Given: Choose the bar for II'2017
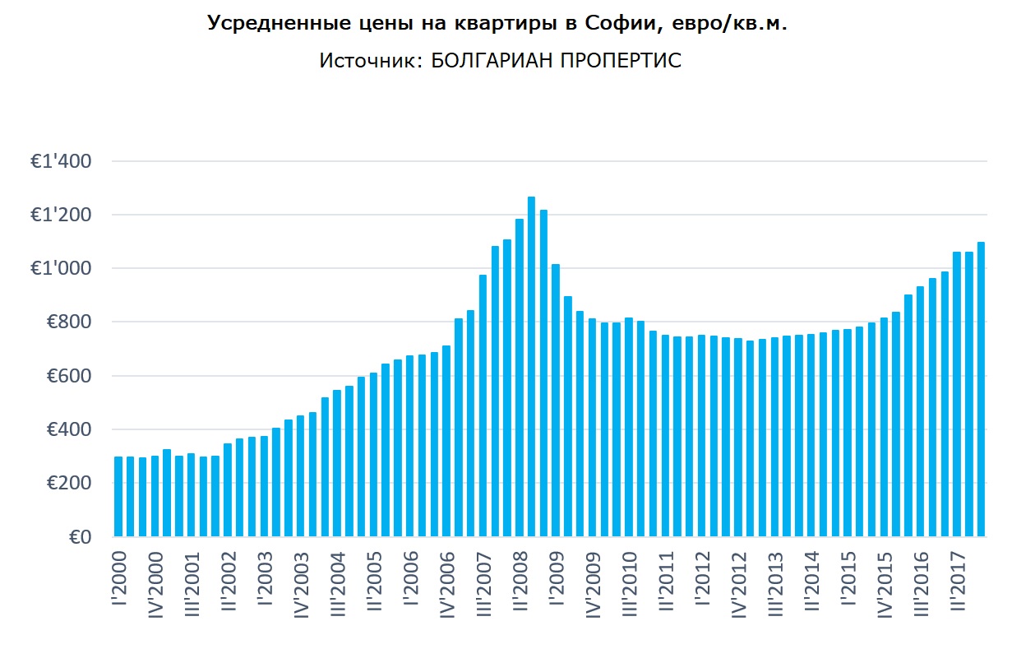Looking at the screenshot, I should (x=957, y=394).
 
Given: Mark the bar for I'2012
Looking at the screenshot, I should (x=702, y=435).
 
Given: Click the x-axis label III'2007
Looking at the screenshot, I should (x=483, y=588).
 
